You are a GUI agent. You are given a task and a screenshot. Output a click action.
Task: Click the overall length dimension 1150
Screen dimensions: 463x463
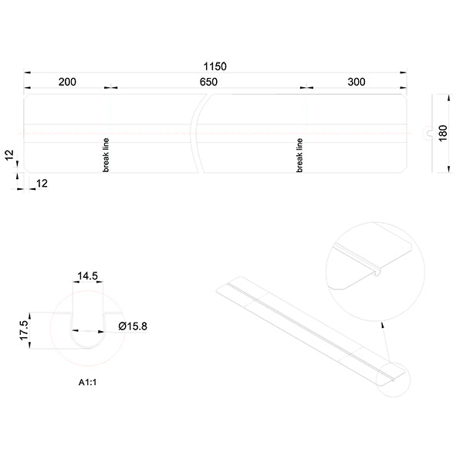(215, 67)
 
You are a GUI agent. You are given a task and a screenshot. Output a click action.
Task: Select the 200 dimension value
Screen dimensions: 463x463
(66, 82)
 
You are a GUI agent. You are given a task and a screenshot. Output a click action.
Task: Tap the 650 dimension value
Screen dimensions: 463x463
(208, 82)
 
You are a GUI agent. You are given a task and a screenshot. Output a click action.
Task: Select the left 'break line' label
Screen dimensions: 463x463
(106, 155)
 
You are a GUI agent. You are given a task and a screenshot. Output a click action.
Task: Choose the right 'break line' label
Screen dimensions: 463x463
(299, 155)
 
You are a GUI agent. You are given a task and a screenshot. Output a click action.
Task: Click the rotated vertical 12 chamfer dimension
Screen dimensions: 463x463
(10, 155)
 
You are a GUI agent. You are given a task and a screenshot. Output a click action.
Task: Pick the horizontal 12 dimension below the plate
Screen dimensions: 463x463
(42, 183)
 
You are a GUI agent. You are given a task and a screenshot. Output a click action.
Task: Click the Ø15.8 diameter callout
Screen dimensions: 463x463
(133, 326)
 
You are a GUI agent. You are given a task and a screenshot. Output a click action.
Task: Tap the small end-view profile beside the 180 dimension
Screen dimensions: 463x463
(426, 133)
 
